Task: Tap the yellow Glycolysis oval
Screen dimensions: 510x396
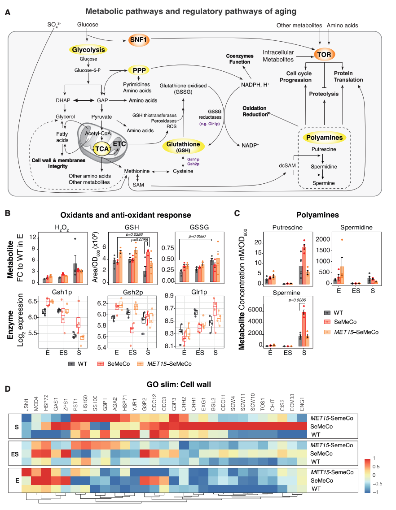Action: click(89, 50)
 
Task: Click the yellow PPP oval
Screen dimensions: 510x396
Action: click(138, 70)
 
